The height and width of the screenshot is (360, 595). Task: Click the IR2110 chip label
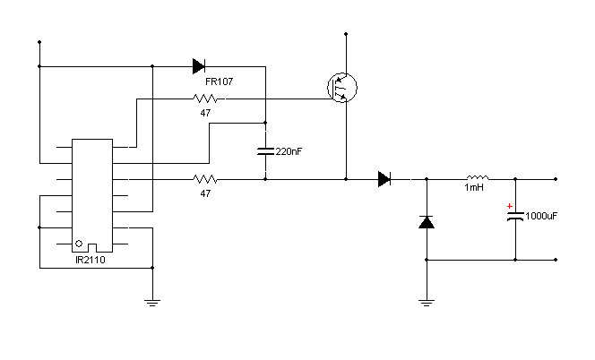tap(91, 260)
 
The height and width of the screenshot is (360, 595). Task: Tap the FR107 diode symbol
tap(199, 66)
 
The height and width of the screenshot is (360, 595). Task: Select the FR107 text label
tap(219, 81)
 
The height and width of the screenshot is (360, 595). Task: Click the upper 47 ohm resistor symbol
tap(205, 99)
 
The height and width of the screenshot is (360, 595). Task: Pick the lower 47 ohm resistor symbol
tap(205, 179)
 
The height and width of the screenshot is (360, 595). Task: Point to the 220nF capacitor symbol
tap(265, 151)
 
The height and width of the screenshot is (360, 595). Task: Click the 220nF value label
tap(289, 151)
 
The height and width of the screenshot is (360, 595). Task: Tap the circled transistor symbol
tap(342, 88)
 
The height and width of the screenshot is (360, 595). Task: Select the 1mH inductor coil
tap(478, 177)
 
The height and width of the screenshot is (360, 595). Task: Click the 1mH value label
tap(474, 187)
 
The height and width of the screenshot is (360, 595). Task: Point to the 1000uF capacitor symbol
tap(515, 217)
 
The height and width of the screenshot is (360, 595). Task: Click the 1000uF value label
tap(541, 216)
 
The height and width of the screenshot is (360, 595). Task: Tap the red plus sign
tap(510, 206)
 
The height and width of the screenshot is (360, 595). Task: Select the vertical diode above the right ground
tap(427, 222)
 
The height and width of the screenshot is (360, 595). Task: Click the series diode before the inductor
tap(384, 179)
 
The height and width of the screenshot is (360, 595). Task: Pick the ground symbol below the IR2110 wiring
tap(152, 303)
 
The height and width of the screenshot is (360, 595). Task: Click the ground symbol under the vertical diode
tap(427, 303)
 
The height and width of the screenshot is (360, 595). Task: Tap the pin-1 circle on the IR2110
tap(79, 244)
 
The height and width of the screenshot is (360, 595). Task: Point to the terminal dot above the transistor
tap(346, 34)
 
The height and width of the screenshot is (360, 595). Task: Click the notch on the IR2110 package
tap(92, 248)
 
